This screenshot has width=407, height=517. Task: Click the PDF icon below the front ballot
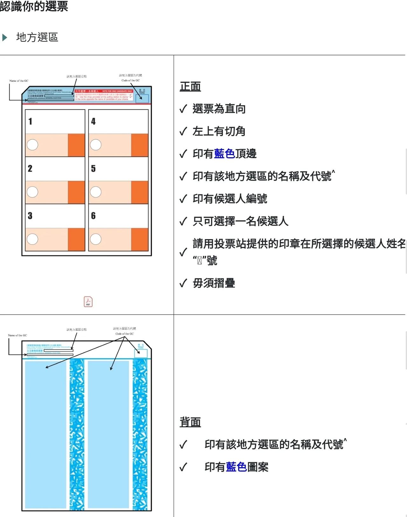[x=88, y=302]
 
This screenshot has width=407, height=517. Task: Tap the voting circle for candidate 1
[x=32, y=145]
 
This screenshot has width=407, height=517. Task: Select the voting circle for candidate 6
[x=96, y=239]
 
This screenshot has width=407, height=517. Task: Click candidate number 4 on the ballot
[x=93, y=121]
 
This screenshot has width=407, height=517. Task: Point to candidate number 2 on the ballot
[x=30, y=168]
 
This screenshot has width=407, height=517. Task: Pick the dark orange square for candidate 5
[x=140, y=192]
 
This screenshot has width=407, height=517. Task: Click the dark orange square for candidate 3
[x=76, y=240]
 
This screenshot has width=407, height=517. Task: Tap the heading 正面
[x=190, y=87]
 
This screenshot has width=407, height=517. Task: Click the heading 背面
[x=190, y=422]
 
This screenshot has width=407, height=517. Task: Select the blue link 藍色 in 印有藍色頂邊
[x=224, y=154]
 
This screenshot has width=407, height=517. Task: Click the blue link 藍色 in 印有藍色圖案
[x=237, y=467]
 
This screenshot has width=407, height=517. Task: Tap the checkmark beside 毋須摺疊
[x=183, y=283]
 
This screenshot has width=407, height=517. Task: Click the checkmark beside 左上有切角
[x=183, y=131]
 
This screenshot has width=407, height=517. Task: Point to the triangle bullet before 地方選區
[x=5, y=38]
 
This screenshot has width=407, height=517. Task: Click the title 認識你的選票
[x=34, y=6]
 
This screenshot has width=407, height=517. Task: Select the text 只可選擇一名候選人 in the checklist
[x=240, y=221]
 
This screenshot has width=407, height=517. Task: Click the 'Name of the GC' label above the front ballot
[x=19, y=81]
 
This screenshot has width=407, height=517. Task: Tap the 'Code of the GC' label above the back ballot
[x=125, y=334]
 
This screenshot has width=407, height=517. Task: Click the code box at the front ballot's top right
[x=142, y=98]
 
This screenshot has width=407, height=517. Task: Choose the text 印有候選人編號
[x=230, y=199]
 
